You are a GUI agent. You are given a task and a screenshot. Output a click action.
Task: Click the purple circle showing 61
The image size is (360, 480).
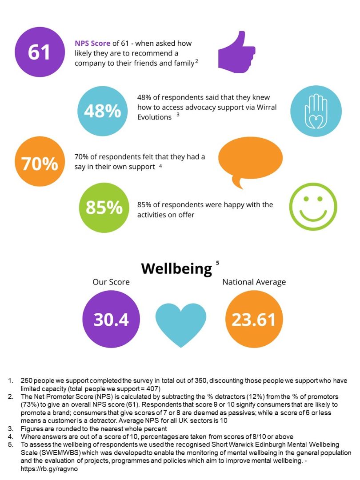coord(40,52)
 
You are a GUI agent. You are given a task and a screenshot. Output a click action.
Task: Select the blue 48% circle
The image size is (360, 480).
coord(103,111)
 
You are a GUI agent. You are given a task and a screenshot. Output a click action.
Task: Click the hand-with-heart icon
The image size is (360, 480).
coord(316,111)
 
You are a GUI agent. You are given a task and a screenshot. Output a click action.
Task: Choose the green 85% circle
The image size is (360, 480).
coord(104,207)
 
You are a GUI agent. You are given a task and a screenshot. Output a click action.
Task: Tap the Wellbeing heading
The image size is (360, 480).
coord(176,268)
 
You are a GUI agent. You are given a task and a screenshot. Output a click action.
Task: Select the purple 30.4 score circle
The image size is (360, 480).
coord(111,319)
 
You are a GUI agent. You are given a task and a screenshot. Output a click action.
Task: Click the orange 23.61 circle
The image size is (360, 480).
coord(254,319)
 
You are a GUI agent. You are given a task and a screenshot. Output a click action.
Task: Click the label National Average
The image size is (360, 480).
coord(254,282)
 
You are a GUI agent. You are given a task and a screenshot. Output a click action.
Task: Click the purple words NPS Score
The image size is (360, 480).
coord(92,44)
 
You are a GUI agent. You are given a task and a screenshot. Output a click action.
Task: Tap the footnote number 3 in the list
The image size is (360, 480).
coord(10,428)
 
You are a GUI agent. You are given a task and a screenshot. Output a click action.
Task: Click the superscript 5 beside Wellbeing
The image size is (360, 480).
coord(218,263)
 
